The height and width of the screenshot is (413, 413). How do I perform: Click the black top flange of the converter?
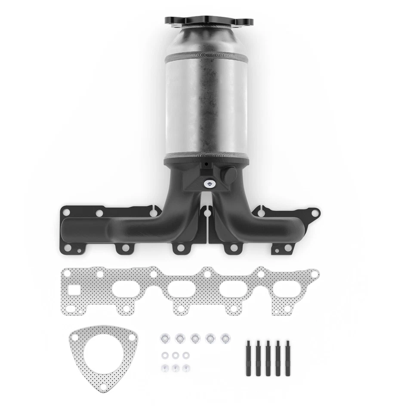click(x=209, y=21)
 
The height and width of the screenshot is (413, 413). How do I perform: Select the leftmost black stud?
click(x=249, y=358)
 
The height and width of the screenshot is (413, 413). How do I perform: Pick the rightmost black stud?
click(x=287, y=358)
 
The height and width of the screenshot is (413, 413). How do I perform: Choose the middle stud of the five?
click(x=268, y=358)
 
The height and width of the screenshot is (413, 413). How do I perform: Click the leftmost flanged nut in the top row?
click(x=165, y=339)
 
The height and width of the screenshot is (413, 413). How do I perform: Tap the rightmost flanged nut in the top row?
click(x=225, y=339)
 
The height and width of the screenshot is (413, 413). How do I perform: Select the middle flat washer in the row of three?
click(x=175, y=355)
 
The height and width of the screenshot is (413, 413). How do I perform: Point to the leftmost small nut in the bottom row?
click(x=165, y=368)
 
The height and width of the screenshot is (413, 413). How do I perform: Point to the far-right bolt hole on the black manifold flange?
click(x=315, y=213)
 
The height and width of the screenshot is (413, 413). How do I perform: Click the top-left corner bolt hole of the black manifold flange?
click(x=66, y=212)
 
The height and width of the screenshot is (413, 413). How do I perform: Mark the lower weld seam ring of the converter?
click(x=206, y=155)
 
